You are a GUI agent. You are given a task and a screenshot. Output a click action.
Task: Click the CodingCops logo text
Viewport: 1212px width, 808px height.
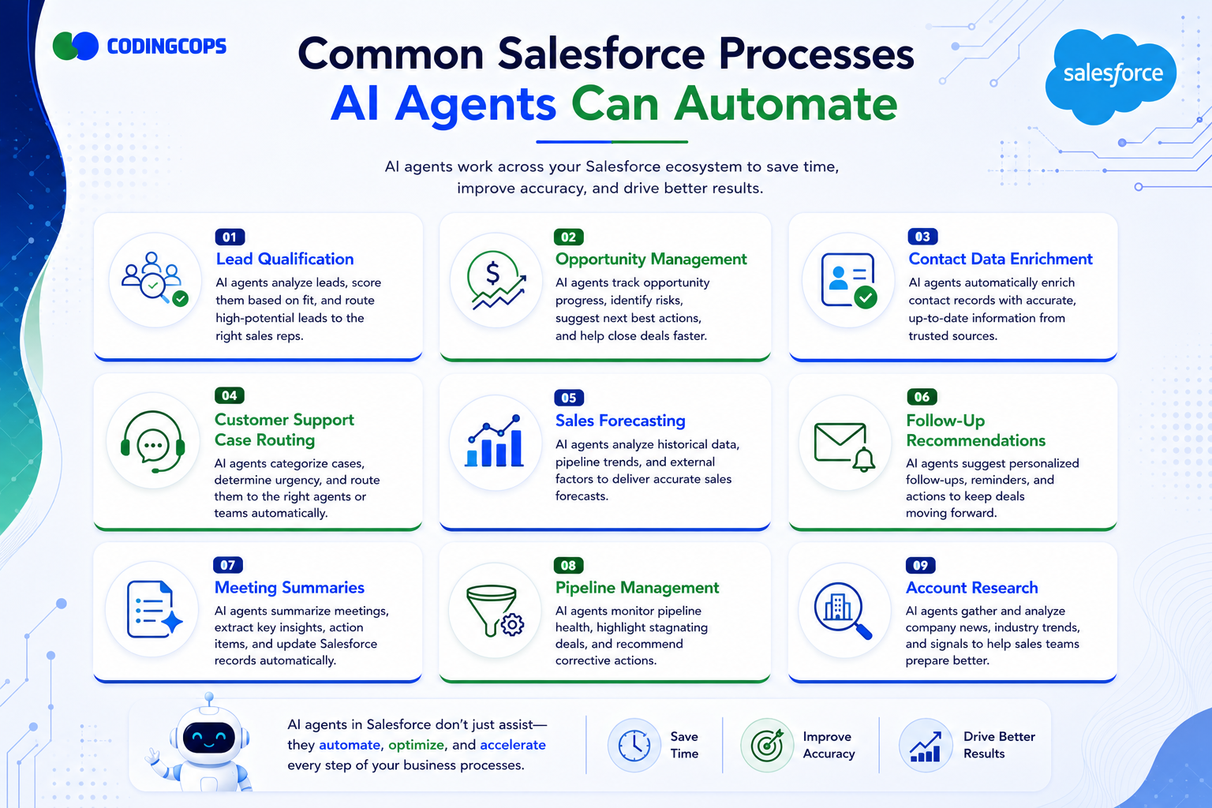click(166, 46)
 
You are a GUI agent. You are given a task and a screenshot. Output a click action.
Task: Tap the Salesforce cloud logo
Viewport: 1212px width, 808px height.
click(1110, 77)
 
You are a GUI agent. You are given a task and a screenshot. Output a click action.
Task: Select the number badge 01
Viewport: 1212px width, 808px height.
click(230, 237)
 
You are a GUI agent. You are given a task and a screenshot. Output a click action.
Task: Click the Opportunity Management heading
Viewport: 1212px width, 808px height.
click(651, 260)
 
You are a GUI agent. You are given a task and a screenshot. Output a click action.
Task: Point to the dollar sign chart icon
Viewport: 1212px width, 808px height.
click(496, 280)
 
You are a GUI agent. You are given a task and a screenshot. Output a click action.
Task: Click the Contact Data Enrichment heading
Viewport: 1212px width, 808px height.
click(1001, 260)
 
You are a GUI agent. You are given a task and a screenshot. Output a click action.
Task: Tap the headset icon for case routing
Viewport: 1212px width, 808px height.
click(153, 442)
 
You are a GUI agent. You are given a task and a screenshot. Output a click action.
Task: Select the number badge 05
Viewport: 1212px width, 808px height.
click(569, 398)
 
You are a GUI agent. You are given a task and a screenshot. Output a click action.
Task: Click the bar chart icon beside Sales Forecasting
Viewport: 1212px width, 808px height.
click(495, 441)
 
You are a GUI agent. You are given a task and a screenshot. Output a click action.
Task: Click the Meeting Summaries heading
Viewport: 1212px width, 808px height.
click(290, 587)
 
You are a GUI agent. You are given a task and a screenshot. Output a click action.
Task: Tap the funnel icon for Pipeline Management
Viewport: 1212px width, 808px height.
click(495, 611)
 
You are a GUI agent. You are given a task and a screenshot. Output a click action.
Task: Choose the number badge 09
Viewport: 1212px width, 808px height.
click(920, 566)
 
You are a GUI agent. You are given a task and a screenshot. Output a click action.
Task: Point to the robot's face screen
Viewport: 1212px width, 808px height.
click(209, 738)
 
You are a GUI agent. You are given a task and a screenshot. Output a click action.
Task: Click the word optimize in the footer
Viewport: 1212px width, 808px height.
click(416, 745)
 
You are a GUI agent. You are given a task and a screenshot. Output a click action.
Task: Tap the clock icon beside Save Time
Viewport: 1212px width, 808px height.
click(634, 745)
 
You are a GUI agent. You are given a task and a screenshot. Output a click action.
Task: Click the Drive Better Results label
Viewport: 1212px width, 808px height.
click(999, 745)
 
